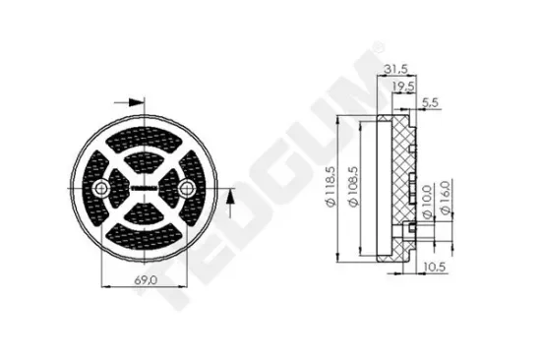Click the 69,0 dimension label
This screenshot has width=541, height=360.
tap(146, 279)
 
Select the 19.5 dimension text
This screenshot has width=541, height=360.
tap(403, 87)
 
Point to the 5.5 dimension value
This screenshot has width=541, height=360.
tap(430, 102)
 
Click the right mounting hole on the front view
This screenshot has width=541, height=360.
tap(187, 187)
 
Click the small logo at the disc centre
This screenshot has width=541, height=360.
tap(146, 187)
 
